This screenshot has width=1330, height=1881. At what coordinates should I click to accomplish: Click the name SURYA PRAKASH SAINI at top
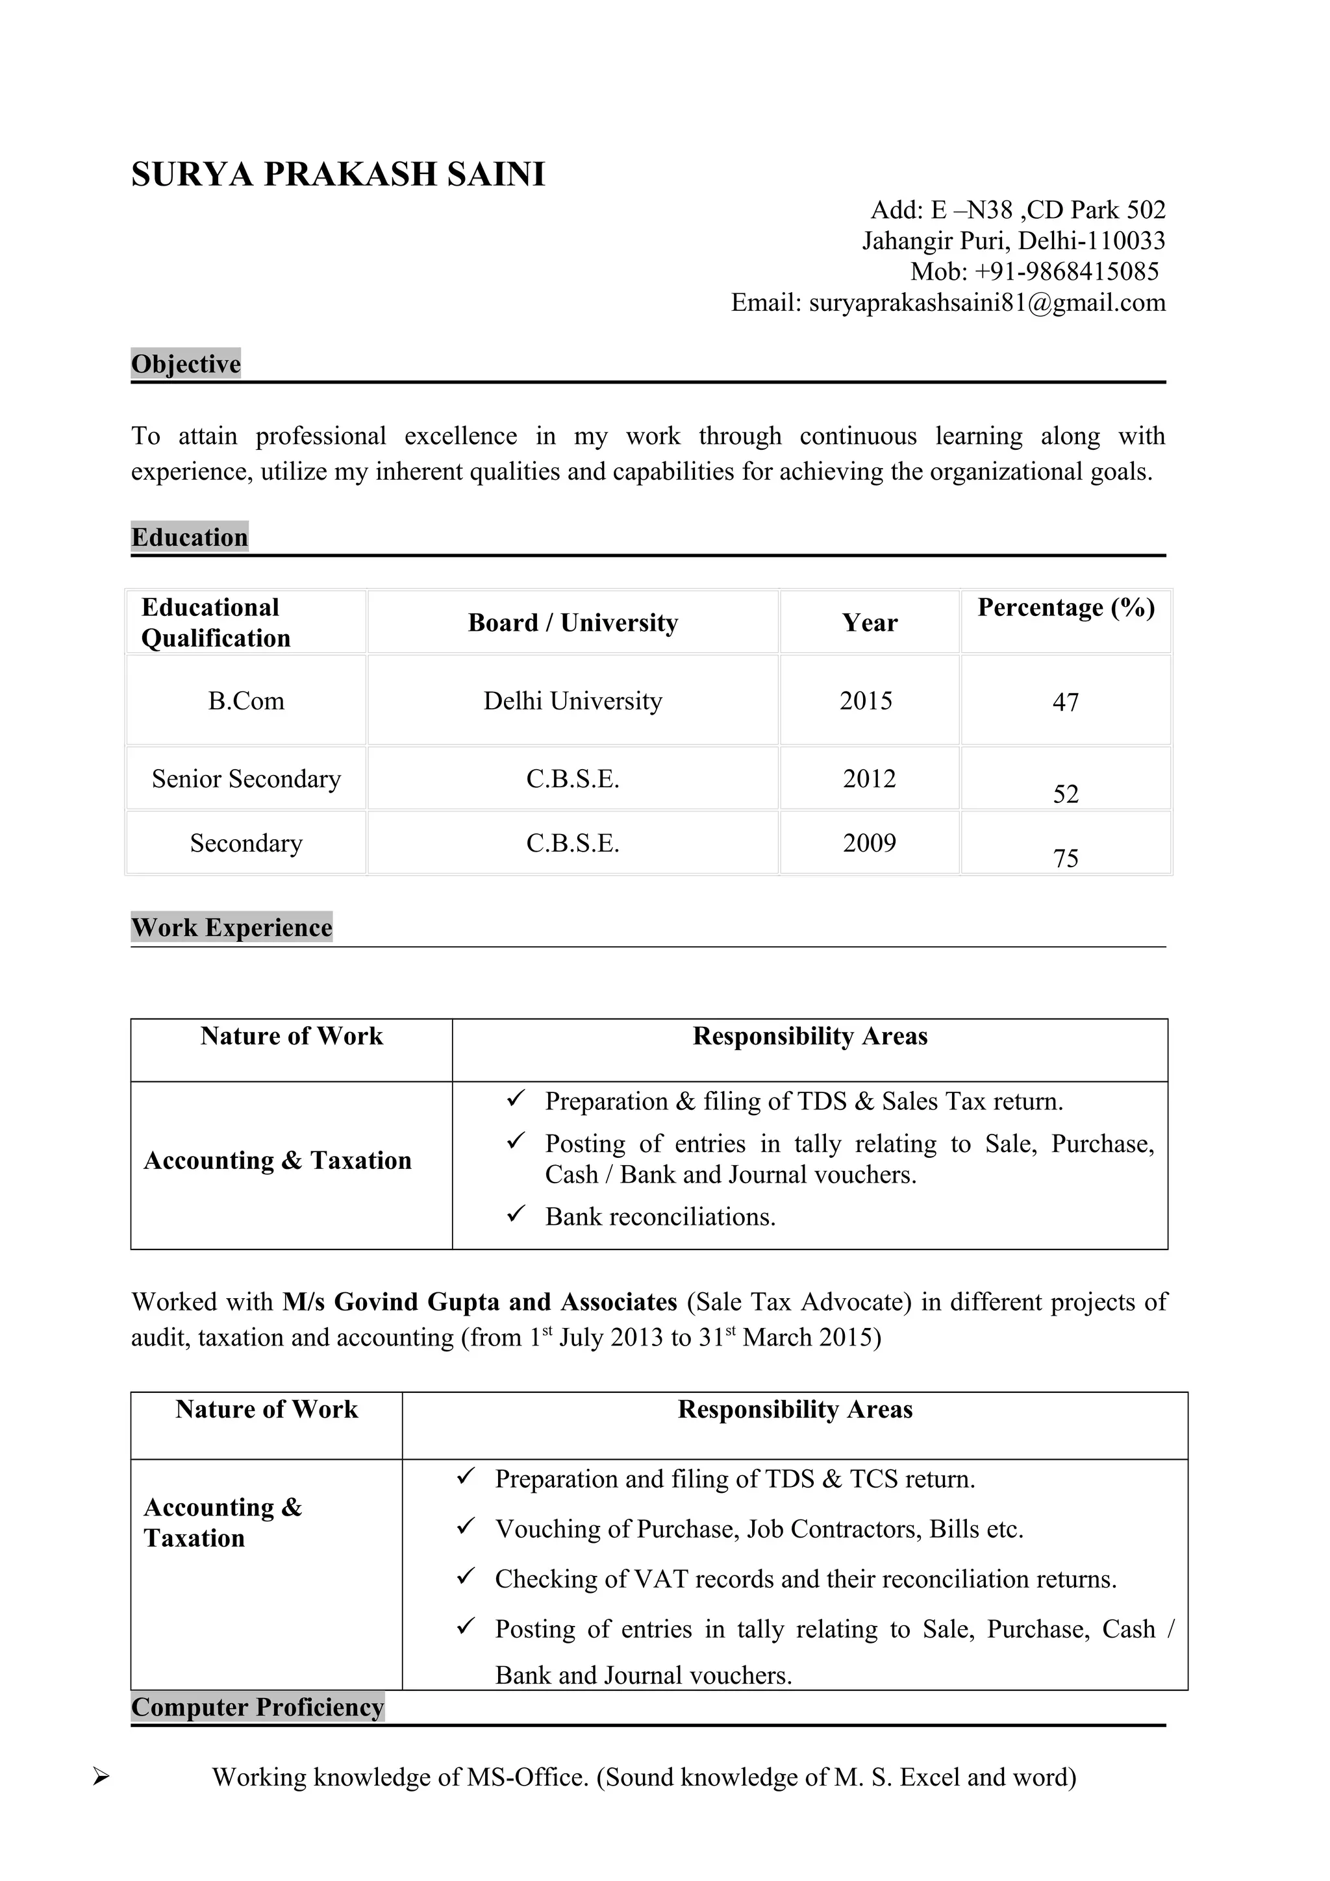coord(338,175)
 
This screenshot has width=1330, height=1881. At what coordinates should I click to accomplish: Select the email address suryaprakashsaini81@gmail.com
coord(986,302)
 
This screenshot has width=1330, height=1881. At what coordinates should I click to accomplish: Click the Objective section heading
coord(186,363)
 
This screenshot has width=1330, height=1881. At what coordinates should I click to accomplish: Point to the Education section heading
coord(189,537)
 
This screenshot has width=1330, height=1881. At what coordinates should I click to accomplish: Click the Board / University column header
coord(573,622)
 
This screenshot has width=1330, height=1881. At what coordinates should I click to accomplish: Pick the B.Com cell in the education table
coord(246,701)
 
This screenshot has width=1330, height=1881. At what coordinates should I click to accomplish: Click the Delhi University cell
coord(573,701)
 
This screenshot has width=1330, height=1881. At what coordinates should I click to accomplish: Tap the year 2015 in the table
coord(866,701)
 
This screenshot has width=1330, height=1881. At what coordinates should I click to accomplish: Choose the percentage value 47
coord(1065,702)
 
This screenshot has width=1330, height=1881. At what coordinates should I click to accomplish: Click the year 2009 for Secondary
coord(869,843)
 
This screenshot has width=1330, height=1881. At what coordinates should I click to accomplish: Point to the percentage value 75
coord(1065,859)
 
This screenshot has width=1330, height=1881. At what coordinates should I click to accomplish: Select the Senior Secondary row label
coord(246,779)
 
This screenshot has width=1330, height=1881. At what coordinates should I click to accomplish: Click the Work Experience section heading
coord(232,928)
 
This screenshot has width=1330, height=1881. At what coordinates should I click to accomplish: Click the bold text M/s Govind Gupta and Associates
coord(479,1302)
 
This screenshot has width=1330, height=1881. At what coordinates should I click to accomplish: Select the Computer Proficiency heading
coord(257,1707)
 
